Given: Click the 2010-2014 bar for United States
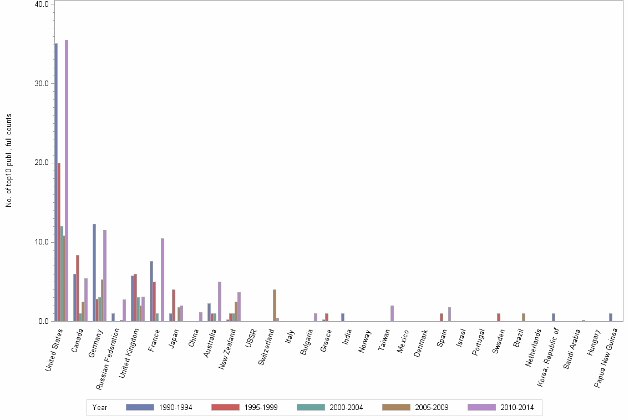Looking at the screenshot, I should pyautogui.click(x=67, y=181).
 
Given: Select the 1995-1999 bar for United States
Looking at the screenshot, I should pyautogui.click(x=59, y=242).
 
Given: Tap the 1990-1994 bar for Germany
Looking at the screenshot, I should pyautogui.click(x=94, y=272).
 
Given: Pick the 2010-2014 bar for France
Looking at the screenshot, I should pyautogui.click(x=163, y=279).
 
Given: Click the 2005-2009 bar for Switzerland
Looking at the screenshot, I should pyautogui.click(x=275, y=305).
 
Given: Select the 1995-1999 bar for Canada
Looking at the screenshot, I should pyautogui.click(x=78, y=288).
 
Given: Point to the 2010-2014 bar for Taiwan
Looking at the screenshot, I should pyautogui.click(x=392, y=313).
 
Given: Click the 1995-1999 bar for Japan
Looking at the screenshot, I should pyautogui.click(x=174, y=305).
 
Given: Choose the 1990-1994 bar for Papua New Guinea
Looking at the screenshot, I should pyautogui.click(x=611, y=317).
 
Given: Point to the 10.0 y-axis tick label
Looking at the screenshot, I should pyautogui.click(x=42, y=242).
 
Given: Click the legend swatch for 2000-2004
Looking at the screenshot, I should pyautogui.click(x=311, y=407).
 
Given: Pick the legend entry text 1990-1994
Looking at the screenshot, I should pyautogui.click(x=176, y=408).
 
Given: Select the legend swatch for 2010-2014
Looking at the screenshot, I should pyautogui.click(x=482, y=407).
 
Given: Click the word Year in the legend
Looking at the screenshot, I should pyautogui.click(x=100, y=408).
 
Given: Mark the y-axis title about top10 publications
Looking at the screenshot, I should pyautogui.click(x=9, y=161).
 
